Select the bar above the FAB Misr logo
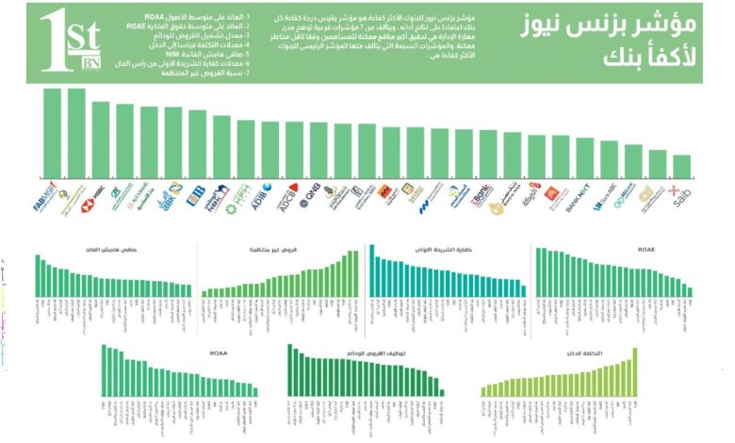pos(52,133)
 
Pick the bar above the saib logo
pos(682,167)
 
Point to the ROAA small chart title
pos(219,353)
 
